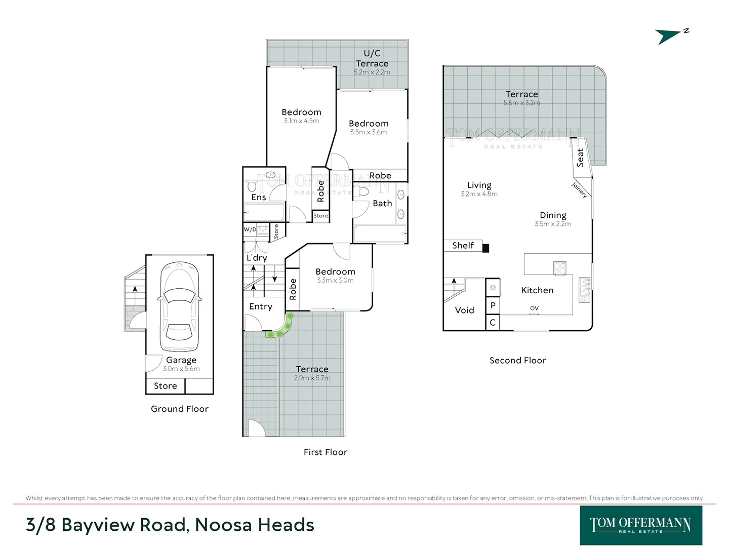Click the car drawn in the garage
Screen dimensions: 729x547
[x=180, y=306]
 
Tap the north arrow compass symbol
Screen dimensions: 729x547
[x=671, y=36]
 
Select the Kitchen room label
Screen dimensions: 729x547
[x=537, y=290]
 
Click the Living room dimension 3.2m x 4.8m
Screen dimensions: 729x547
[x=479, y=194]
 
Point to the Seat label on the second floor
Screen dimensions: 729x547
[x=580, y=158]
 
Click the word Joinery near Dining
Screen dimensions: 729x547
[x=579, y=190]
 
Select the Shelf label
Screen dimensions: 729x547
[x=463, y=246]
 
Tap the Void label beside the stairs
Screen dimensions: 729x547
[x=464, y=310]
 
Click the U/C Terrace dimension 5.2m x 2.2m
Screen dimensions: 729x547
[x=372, y=72]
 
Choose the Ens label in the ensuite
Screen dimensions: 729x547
[x=259, y=198]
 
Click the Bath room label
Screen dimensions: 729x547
[x=382, y=203]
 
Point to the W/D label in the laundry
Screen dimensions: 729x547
[x=250, y=229]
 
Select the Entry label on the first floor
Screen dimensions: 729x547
[x=261, y=306]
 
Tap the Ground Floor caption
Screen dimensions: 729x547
[x=180, y=409]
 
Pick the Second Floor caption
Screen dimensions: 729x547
[x=518, y=360]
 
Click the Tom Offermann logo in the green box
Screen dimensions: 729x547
[x=641, y=525]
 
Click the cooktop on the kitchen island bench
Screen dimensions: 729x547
[x=559, y=268]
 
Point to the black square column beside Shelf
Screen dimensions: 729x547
[x=485, y=248]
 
